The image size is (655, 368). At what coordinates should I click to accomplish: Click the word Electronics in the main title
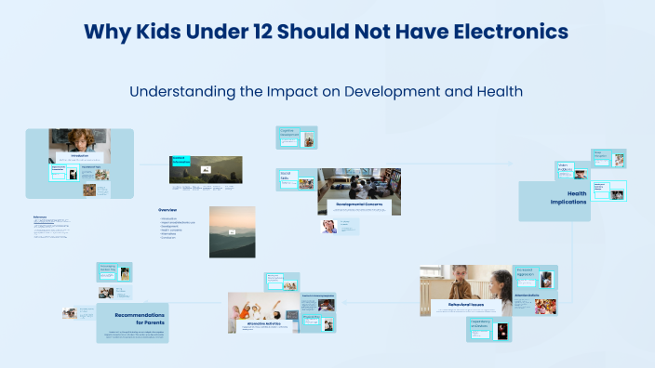pos(508,32)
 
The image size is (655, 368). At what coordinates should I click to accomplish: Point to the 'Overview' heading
pos(167,210)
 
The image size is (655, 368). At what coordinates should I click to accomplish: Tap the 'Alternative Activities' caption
pos(261,323)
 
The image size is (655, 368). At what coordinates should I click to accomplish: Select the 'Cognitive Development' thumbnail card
pos(297,138)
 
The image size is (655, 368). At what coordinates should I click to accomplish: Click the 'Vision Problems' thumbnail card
pos(570,170)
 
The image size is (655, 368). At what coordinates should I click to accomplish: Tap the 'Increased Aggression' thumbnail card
pos(536,277)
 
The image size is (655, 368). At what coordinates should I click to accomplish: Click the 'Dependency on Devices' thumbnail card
pos(489,329)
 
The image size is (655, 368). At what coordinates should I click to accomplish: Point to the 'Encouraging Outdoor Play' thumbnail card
pos(114,271)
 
